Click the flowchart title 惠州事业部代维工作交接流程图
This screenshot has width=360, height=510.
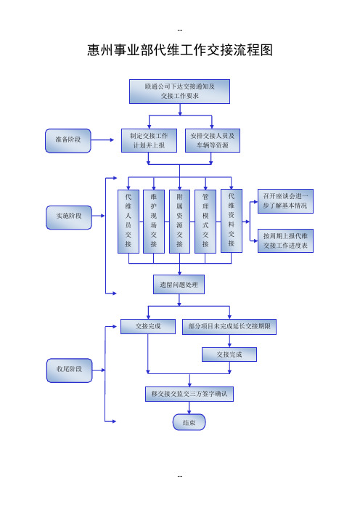[x=180, y=50]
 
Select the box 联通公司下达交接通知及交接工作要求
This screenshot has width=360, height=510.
[x=180, y=92]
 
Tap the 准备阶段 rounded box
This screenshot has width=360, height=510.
[x=68, y=140]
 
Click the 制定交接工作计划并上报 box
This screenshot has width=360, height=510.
[x=149, y=140]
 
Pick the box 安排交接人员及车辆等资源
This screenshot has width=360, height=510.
[x=213, y=140]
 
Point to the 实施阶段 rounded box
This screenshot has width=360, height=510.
[x=69, y=217]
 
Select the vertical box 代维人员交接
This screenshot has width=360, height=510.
[x=128, y=221]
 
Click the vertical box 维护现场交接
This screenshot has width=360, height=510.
[x=154, y=221]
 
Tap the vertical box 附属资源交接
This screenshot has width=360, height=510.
[x=180, y=221]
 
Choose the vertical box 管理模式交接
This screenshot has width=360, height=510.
[x=205, y=221]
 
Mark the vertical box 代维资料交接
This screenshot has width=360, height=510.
[x=232, y=221]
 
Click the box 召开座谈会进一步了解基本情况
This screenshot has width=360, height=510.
[x=285, y=201]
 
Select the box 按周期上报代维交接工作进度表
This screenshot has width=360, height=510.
[x=285, y=240]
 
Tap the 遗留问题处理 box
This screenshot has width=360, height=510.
[x=179, y=285]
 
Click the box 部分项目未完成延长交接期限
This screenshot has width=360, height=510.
[x=229, y=326]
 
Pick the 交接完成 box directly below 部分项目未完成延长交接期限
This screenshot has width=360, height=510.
[x=229, y=355]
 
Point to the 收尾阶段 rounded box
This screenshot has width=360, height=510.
[x=69, y=371]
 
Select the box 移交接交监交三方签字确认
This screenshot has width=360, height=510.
[x=189, y=394]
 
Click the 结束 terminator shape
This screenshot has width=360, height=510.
[x=189, y=423]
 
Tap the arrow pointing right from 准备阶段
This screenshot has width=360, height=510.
[x=102, y=140]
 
